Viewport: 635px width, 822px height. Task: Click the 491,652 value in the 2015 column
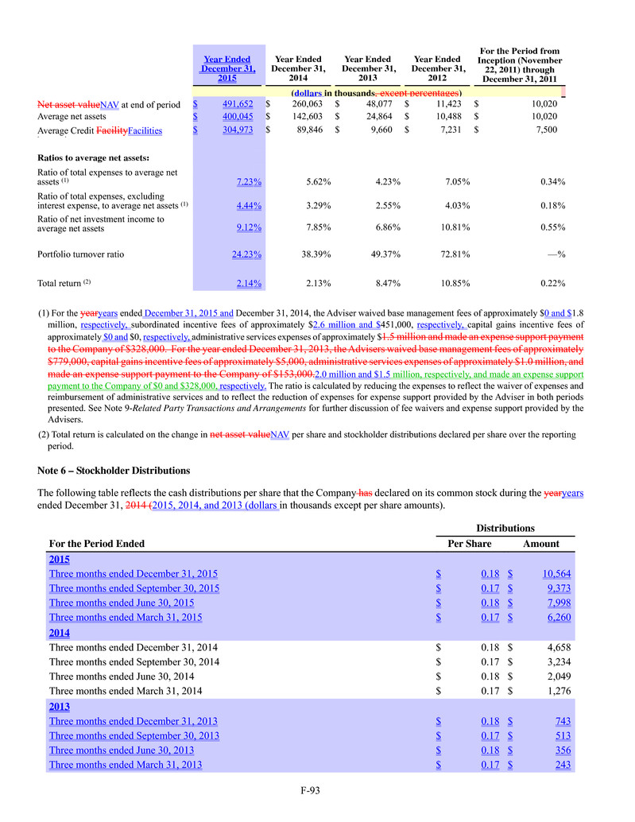tap(237, 104)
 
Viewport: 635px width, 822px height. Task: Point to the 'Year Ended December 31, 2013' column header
tap(367, 69)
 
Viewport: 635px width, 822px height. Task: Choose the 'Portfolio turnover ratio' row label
tap(81, 255)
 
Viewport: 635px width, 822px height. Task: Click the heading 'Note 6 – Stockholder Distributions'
tap(114, 471)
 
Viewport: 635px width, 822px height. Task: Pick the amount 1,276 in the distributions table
tap(558, 691)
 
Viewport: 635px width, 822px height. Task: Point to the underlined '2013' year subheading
tap(60, 706)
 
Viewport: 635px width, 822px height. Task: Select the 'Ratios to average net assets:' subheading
tap(95, 157)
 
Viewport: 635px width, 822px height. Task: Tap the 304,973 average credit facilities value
tap(237, 130)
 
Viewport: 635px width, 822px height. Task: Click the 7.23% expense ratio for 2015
tap(250, 181)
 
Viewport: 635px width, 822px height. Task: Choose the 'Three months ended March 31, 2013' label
tap(126, 765)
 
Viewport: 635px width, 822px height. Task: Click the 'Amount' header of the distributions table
tap(540, 544)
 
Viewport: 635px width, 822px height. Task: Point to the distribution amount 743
tap(560, 721)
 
